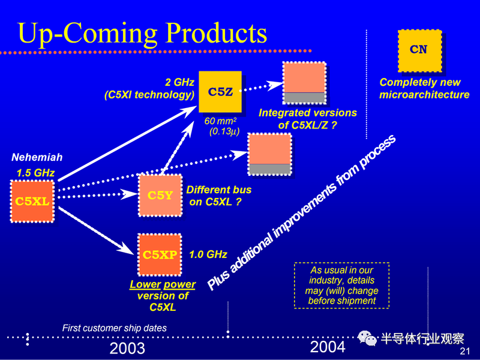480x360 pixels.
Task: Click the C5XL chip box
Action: tap(32, 201)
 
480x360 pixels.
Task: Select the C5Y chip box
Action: tap(160, 196)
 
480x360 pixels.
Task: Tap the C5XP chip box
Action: tap(160, 254)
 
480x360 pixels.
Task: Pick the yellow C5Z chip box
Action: tap(220, 92)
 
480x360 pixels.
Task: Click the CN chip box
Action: tap(419, 51)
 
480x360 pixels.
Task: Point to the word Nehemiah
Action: tap(37, 157)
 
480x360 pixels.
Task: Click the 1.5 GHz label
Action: tap(35, 173)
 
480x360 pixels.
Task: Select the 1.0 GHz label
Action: tap(208, 254)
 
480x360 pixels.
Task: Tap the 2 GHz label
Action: tap(179, 82)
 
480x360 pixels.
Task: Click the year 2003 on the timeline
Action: tap(127, 349)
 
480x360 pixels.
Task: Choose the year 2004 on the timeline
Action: tap(328, 347)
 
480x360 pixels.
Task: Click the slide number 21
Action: tap(464, 351)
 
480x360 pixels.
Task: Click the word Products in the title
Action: tap(216, 34)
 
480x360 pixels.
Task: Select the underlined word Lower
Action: tap(145, 284)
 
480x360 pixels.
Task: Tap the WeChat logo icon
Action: tap(367, 338)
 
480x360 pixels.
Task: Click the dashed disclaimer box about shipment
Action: tap(341, 286)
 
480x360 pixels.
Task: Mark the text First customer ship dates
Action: tap(115, 328)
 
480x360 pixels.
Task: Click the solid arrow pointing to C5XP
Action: tap(96, 231)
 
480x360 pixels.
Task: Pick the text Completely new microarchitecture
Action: tap(424, 88)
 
